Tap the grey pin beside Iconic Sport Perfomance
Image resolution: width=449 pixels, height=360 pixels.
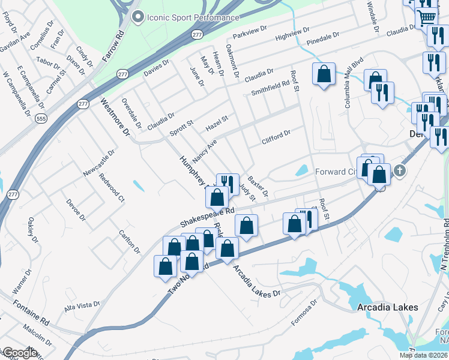click(137, 17)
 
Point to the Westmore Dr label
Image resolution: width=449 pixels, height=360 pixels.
click(115, 116)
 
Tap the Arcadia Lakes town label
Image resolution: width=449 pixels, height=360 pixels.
click(387, 308)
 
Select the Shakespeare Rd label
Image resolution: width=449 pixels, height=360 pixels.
click(207, 217)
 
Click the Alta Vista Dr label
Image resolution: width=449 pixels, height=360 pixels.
click(82, 307)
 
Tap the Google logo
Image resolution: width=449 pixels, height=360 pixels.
click(19, 353)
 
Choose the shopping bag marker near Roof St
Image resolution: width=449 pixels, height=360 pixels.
click(324, 74)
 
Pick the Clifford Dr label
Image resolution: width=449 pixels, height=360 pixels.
click(276, 137)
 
